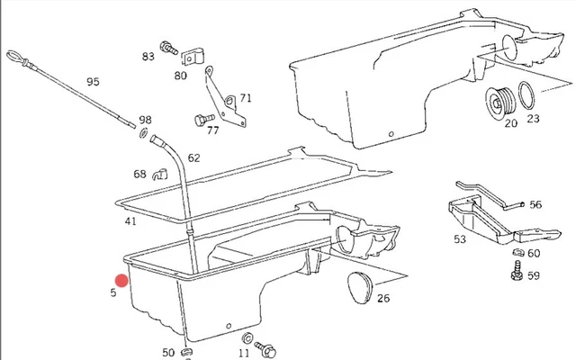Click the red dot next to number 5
[122, 279]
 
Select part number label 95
[93, 83]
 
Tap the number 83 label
[148, 57]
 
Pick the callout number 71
[246, 98]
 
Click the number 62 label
[193, 158]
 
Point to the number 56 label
[535, 205]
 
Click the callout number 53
[460, 239]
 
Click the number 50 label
[168, 353]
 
